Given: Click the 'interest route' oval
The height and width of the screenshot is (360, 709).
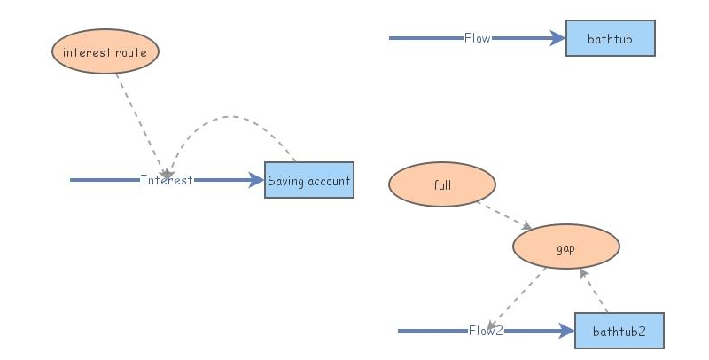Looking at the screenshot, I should coord(105,52).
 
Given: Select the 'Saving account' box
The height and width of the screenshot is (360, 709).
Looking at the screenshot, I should coord(308,180).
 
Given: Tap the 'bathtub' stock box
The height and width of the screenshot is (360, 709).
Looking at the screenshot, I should coord(610,38).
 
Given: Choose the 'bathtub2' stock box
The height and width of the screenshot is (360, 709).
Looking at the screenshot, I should coord(619,331).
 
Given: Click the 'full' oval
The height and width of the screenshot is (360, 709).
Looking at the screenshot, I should coord(441,186).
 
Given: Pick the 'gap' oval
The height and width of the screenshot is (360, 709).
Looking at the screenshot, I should coord(565,247).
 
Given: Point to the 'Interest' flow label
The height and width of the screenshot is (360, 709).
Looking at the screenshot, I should coord(167,180).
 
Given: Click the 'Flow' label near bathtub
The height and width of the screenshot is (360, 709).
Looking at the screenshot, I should coord(477,38).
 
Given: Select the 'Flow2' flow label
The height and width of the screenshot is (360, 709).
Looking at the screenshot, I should coord(486,331).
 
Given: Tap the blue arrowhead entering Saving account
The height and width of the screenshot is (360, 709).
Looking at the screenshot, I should coord(257,180).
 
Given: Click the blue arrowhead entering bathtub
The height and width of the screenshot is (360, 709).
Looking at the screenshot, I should coord(557,38).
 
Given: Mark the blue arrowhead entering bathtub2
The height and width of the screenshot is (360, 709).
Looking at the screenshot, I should coord(566,331).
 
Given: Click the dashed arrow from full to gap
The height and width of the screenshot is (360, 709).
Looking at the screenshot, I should coord(502,214).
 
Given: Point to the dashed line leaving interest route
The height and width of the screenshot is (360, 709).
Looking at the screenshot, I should coord(137,115).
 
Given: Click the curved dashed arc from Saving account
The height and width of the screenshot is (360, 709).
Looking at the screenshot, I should coord(232,117).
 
